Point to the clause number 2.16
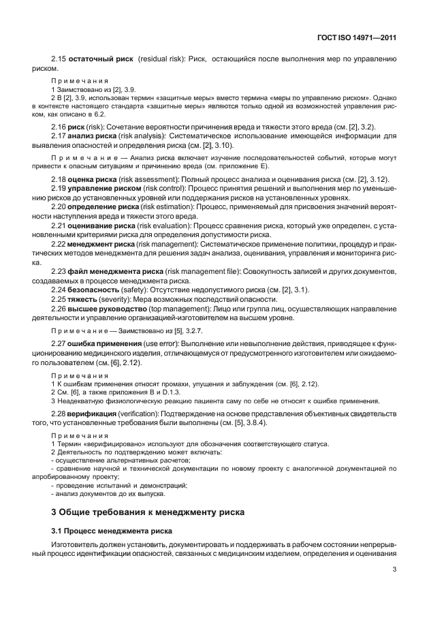click(x=59, y=127)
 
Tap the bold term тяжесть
click(x=86, y=300)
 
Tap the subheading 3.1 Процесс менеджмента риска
click(x=112, y=529)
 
